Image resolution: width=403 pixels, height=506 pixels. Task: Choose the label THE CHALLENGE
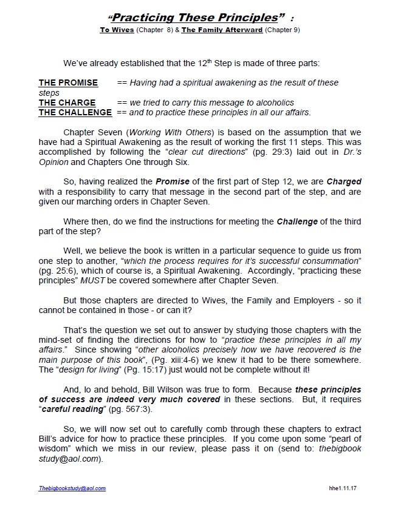coord(75,112)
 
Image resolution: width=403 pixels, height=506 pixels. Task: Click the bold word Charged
coord(344,182)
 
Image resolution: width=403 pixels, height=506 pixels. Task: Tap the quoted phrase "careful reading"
coord(70,409)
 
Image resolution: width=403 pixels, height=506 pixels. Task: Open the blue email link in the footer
coord(72,488)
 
